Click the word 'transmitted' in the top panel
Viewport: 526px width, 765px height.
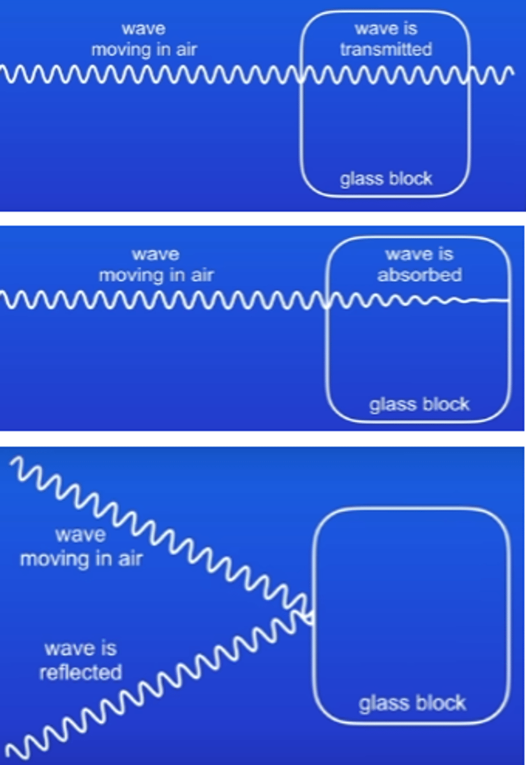(x=386, y=49)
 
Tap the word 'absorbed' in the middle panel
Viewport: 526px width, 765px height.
(x=419, y=275)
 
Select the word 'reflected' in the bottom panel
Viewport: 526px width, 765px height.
(x=80, y=672)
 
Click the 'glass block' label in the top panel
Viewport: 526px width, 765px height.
(x=386, y=178)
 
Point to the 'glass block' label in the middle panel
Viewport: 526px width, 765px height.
(x=419, y=404)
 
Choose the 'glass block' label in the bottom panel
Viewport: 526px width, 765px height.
(x=412, y=704)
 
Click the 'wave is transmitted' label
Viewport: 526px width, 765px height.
(x=386, y=39)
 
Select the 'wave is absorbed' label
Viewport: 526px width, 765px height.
(x=419, y=265)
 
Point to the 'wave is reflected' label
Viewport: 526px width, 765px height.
(x=80, y=661)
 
